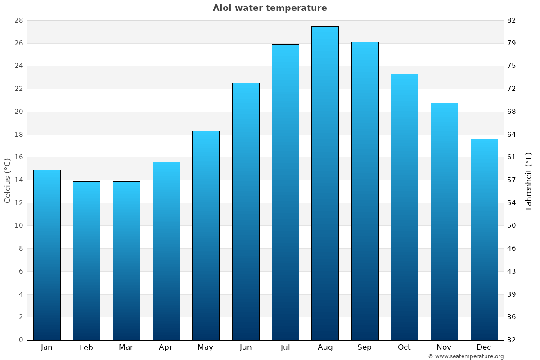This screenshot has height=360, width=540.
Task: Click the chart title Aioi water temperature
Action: tap(270, 8)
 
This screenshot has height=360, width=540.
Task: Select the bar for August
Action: tap(325, 183)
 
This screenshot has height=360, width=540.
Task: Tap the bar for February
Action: tap(86, 261)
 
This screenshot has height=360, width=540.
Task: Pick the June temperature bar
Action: tap(246, 211)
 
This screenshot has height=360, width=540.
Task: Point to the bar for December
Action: tap(484, 239)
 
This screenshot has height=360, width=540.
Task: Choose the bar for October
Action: tap(405, 207)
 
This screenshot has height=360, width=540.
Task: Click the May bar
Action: tap(206, 235)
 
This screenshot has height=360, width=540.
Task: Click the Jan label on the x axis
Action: tap(46, 347)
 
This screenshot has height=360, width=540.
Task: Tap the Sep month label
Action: tap(364, 347)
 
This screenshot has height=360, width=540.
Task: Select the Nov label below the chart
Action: tap(444, 347)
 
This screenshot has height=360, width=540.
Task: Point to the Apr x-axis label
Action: tap(166, 347)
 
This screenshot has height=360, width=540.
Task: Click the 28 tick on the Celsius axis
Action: tap(19, 21)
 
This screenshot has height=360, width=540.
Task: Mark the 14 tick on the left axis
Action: tap(19, 180)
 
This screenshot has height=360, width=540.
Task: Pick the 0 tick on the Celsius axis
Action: tap(21, 340)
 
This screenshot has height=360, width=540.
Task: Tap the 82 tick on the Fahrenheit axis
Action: tap(512, 21)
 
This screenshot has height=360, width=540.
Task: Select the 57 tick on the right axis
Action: tap(512, 180)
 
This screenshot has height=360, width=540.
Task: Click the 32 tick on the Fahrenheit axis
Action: tap(512, 340)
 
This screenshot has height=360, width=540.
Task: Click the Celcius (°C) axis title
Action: tap(8, 180)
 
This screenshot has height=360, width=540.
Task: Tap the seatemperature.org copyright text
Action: tap(466, 356)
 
